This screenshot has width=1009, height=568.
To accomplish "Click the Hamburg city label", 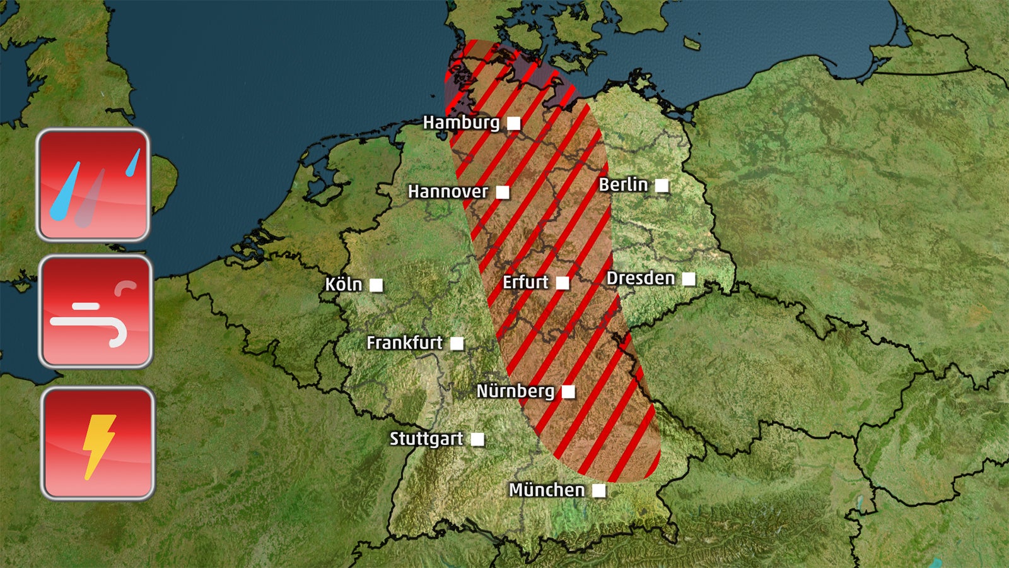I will click(x=461, y=122).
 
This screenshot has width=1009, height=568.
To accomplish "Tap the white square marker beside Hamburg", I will click(x=514, y=124).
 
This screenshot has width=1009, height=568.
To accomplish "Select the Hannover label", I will click(x=448, y=191).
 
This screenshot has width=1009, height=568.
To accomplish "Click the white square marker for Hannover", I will click(x=503, y=192).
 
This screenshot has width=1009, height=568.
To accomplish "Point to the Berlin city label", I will click(x=623, y=185).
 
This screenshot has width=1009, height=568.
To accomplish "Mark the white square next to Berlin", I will click(x=662, y=186).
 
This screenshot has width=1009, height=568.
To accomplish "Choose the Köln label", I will click(x=344, y=285).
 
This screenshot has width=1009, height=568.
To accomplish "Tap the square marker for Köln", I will click(x=376, y=285).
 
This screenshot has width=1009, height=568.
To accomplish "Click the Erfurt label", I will click(x=525, y=282).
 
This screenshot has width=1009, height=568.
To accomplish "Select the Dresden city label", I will click(x=641, y=278).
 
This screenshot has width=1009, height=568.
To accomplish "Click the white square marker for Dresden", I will click(x=689, y=279).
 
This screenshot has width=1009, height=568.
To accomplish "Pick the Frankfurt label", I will click(x=405, y=343).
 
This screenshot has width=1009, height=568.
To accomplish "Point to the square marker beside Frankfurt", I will click(x=457, y=343).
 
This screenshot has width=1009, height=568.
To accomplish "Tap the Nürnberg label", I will click(x=515, y=391).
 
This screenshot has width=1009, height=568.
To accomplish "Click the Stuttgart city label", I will click(x=426, y=439).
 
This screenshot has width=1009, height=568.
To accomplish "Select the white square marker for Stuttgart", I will click(x=478, y=439).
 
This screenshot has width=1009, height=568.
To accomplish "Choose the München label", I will click(x=547, y=490).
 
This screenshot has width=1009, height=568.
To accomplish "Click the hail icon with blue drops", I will click(x=93, y=185).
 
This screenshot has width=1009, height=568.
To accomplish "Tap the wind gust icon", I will click(x=96, y=312).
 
